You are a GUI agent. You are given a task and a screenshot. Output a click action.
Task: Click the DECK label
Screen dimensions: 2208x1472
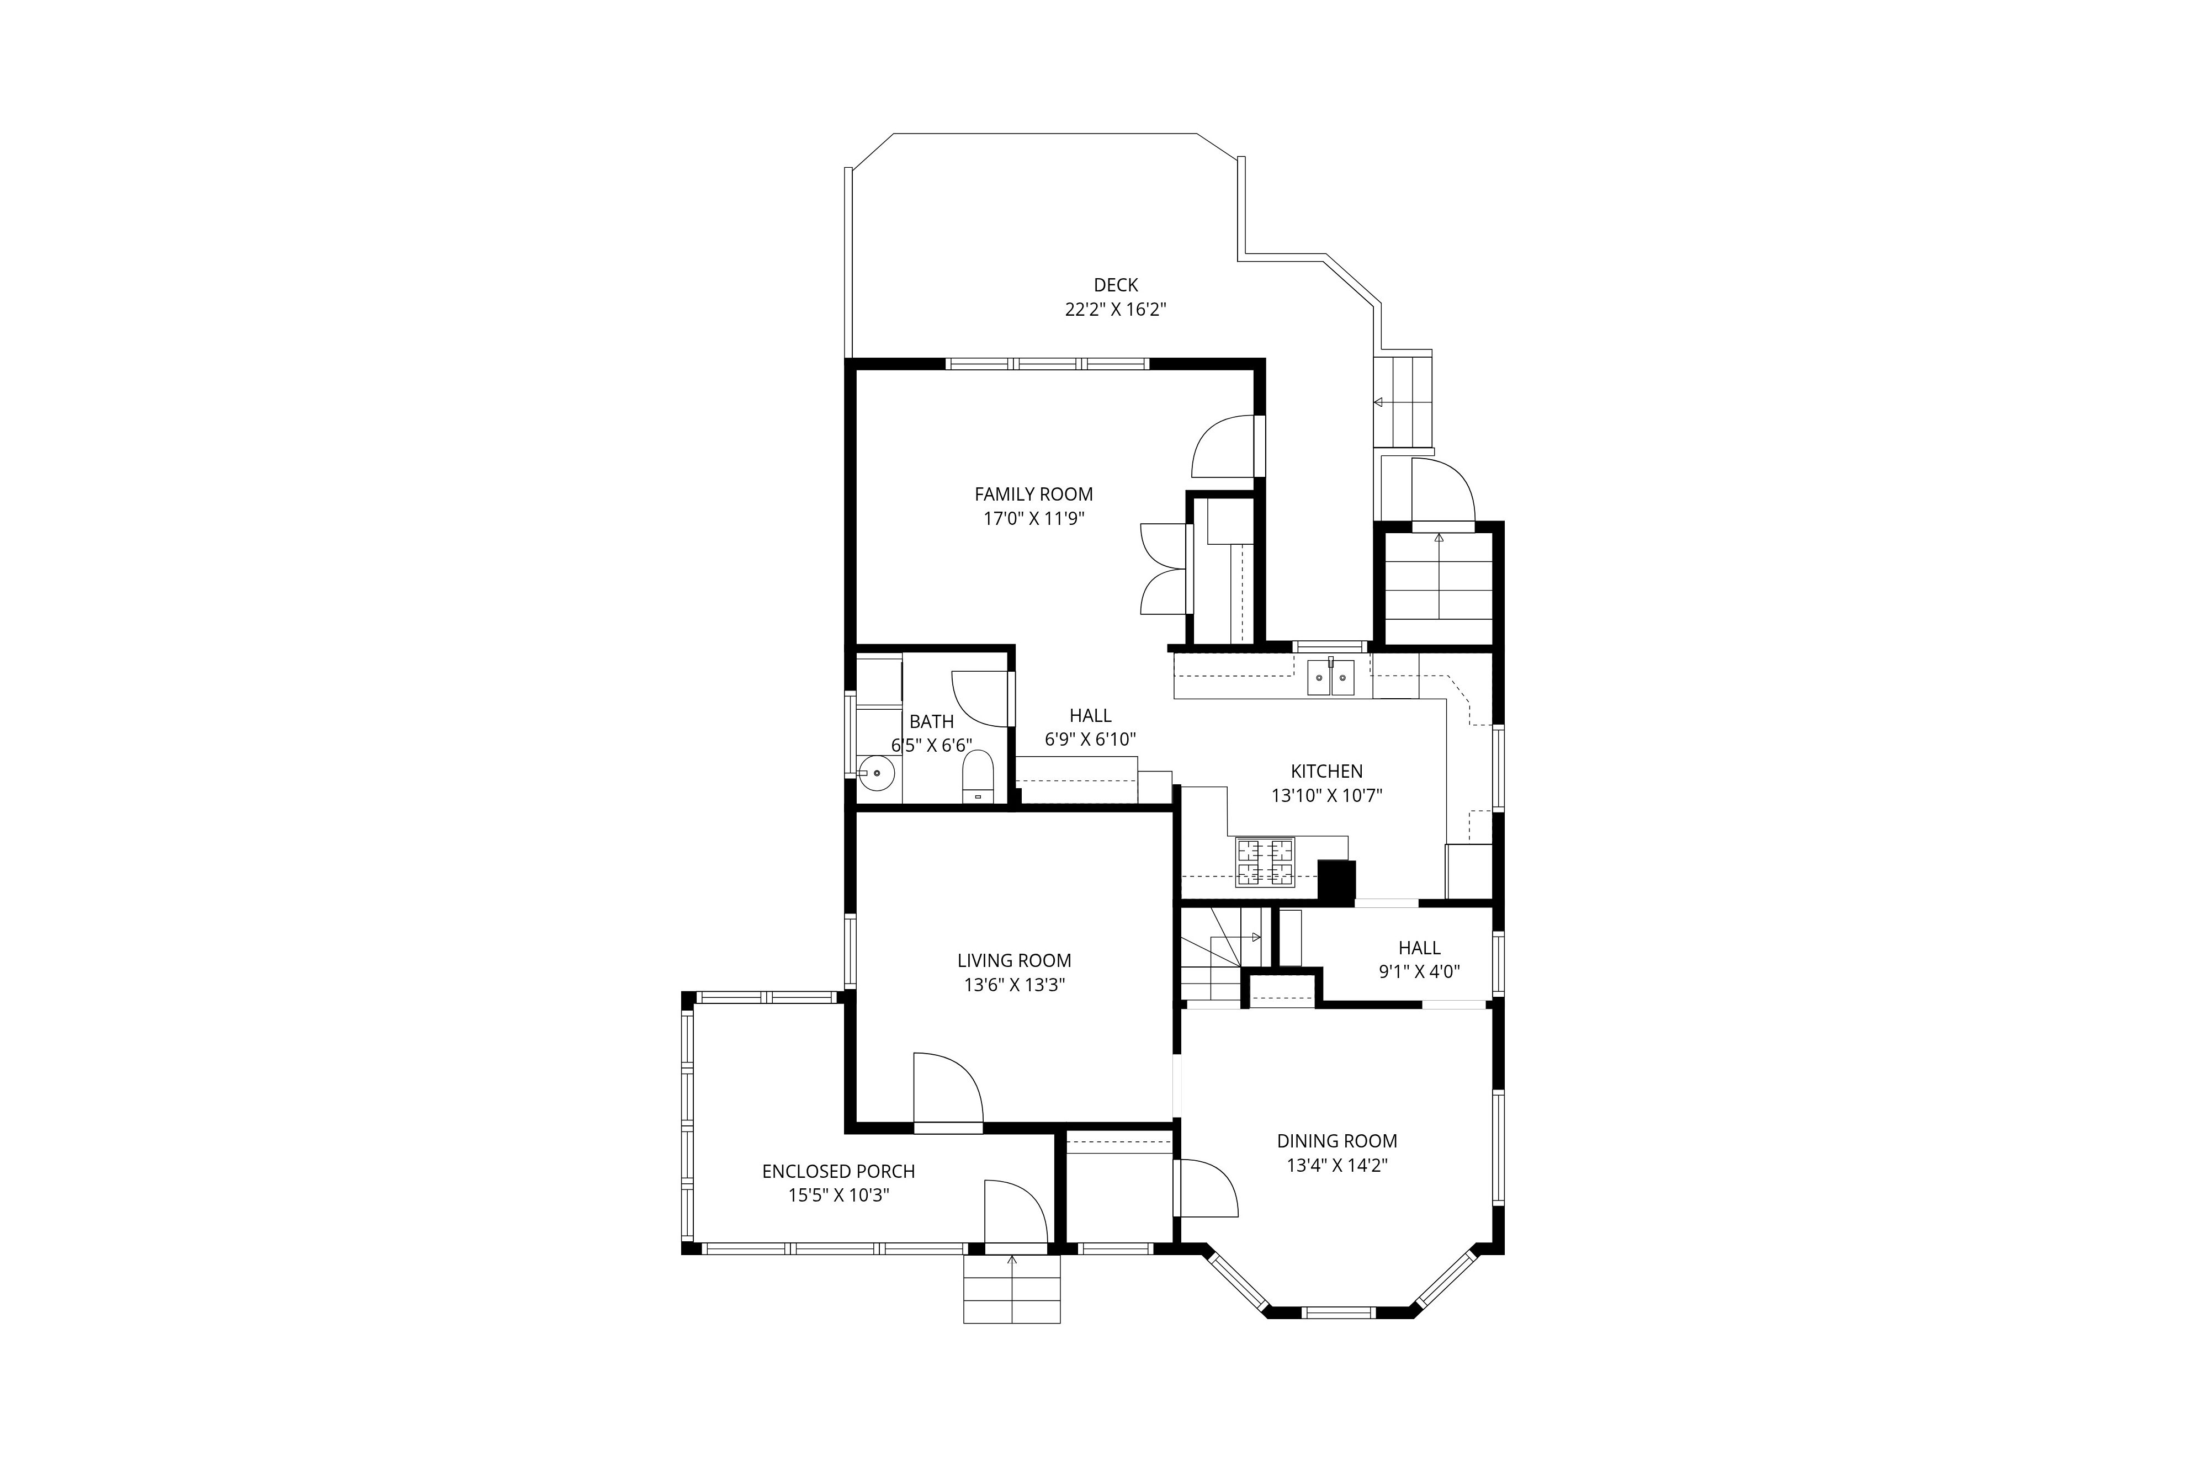click(x=1115, y=284)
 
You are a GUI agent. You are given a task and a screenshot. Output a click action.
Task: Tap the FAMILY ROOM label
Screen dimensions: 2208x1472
click(x=1033, y=494)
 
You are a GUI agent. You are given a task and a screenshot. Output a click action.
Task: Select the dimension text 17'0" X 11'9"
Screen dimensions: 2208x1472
click(x=1033, y=518)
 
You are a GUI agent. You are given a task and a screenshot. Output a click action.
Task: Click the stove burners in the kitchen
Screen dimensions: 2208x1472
click(x=1265, y=862)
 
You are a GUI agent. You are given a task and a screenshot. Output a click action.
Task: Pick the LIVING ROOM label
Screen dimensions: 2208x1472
click(x=1014, y=960)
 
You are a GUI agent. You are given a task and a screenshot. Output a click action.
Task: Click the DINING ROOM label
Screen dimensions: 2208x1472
click(x=1337, y=1141)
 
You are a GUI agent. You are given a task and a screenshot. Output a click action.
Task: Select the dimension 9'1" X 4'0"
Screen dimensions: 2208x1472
click(x=1419, y=971)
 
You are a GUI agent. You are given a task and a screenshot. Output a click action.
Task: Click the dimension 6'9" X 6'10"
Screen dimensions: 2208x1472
click(x=1090, y=740)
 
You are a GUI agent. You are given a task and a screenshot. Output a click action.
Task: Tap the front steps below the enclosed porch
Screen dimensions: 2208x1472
click(x=1012, y=1288)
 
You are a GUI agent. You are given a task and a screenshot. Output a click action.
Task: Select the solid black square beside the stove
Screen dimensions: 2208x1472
click(x=1337, y=880)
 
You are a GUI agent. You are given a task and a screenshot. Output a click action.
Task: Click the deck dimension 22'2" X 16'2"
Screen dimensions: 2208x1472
click(x=1115, y=309)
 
